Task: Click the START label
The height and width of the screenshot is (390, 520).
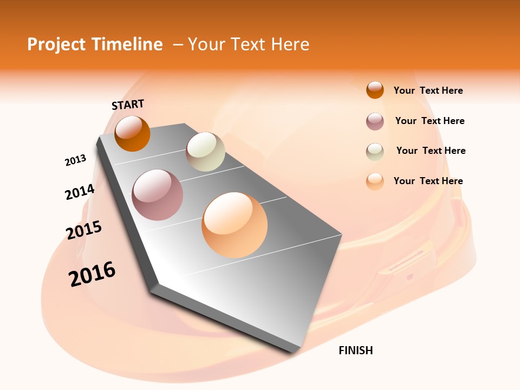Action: (x=128, y=104)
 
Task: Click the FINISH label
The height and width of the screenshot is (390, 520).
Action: (x=355, y=350)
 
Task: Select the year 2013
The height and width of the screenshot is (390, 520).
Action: (x=75, y=160)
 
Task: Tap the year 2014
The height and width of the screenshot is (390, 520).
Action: (x=80, y=192)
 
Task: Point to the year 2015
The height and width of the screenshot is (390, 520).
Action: (x=84, y=230)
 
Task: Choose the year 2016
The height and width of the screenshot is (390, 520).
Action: (x=92, y=274)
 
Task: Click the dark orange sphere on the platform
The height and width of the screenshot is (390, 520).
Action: (x=132, y=134)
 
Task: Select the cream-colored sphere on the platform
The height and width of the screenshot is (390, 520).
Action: (x=205, y=152)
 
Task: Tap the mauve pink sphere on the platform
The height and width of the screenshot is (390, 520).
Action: (x=158, y=195)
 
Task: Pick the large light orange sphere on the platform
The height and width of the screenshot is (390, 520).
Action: (x=235, y=225)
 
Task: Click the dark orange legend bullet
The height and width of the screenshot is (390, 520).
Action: (x=375, y=90)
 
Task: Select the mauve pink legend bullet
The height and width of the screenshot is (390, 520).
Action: (x=375, y=121)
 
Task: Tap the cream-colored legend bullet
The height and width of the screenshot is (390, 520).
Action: (x=375, y=151)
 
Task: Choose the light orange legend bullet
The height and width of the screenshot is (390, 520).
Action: (x=375, y=181)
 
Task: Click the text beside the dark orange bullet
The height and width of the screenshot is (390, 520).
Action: (x=428, y=90)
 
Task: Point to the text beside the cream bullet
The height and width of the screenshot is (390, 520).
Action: (x=431, y=151)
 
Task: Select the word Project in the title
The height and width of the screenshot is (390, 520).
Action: (x=56, y=44)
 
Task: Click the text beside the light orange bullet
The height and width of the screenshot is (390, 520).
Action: (x=428, y=181)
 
